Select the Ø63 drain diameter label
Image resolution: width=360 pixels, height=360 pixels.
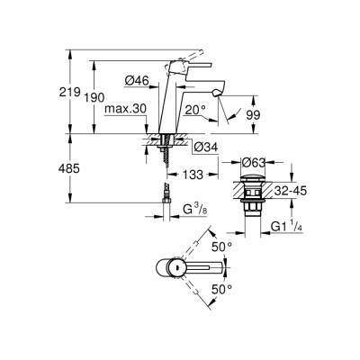[253, 163]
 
